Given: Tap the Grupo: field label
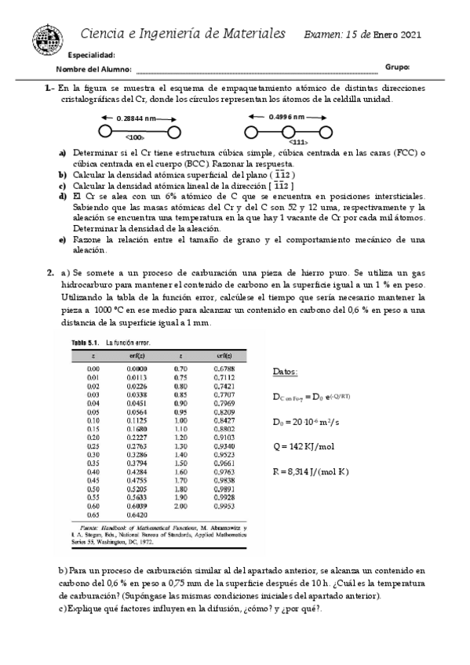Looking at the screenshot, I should point(398,67).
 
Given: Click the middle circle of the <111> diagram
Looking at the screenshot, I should point(289,130).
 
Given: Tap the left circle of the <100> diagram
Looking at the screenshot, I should point(105,130).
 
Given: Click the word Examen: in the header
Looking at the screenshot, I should point(323,35).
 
